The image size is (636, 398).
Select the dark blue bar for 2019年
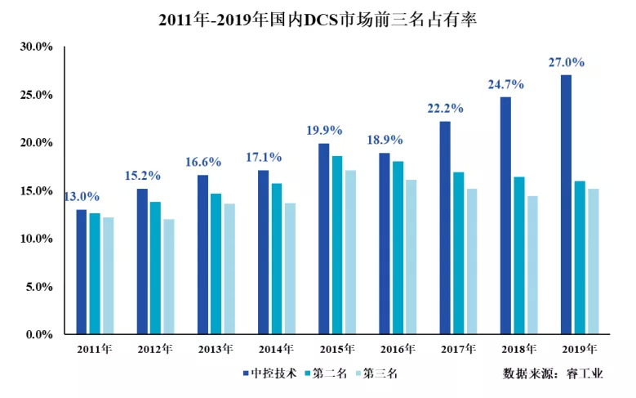click(x=566, y=204)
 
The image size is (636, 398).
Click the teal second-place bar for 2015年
click(x=337, y=245)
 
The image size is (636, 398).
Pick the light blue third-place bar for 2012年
click(x=169, y=277)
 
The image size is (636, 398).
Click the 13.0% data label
click(x=81, y=196)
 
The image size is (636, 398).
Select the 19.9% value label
click(x=324, y=130)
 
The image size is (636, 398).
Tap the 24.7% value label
click(x=506, y=84)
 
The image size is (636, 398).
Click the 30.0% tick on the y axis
click(x=36, y=47)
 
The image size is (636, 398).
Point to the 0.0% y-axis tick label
click(x=38, y=334)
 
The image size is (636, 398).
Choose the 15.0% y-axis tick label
click(x=36, y=190)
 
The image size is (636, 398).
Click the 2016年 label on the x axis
click(x=397, y=349)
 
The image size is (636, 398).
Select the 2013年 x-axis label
click(x=216, y=349)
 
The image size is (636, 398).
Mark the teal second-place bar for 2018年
click(x=518, y=256)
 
